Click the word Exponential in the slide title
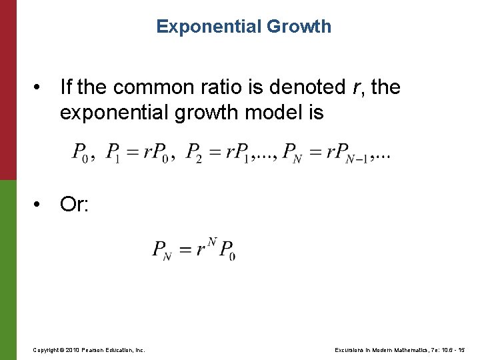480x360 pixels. click(x=199, y=27)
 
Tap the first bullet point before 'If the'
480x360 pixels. click(x=41, y=87)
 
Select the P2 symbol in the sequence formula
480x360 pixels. click(x=194, y=153)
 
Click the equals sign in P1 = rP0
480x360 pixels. click(x=131, y=153)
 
